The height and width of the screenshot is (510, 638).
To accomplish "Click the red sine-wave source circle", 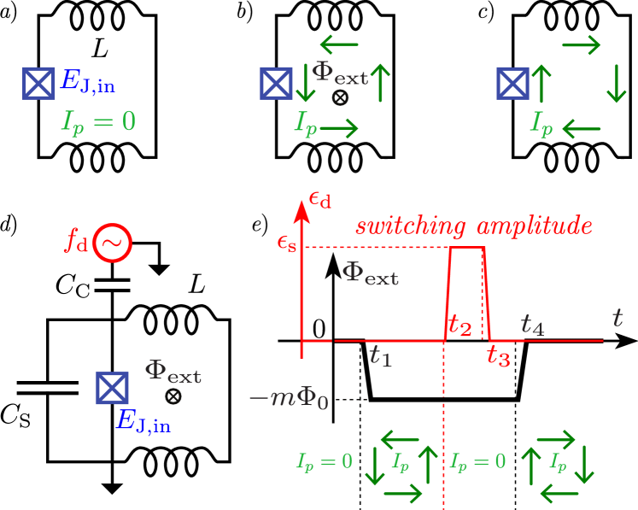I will [x=113, y=243].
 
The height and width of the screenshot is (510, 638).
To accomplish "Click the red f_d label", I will [x=77, y=241].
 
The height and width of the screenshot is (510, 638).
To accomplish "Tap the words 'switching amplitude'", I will [x=474, y=226].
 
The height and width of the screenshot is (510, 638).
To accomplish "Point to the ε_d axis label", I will [x=320, y=201].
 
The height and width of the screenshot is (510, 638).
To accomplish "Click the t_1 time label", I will [x=380, y=355].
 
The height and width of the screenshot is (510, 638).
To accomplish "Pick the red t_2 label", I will [x=459, y=325].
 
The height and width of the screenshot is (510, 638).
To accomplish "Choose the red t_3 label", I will [x=499, y=356].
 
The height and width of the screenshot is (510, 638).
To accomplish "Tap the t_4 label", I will [x=532, y=325].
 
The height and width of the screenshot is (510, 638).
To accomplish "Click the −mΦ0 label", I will [x=288, y=398].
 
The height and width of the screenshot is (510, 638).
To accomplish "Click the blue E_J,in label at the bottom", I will [x=143, y=420].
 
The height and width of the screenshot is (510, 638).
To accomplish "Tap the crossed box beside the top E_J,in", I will [x=38, y=84].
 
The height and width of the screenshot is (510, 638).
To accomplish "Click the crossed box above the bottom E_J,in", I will [x=112, y=388].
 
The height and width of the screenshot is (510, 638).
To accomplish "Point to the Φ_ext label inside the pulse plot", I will [x=370, y=274].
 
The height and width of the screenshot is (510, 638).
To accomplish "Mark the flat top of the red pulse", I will [x=467, y=248].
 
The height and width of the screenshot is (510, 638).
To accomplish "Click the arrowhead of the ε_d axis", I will [x=301, y=209].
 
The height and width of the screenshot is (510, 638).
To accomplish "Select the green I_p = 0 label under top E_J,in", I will [x=98, y=121].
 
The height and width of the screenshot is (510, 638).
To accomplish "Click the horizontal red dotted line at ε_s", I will [x=376, y=248].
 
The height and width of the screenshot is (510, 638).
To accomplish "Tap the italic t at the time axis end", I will [x=617, y=319].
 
